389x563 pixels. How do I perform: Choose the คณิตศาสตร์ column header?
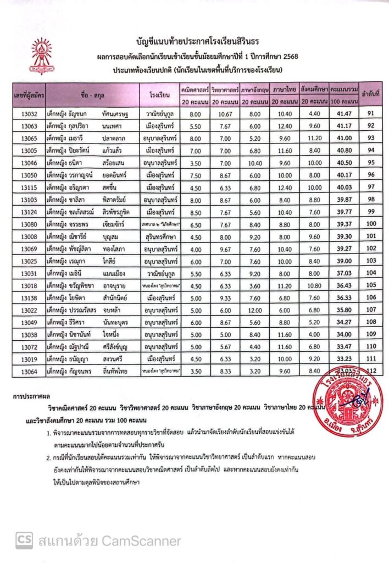(x=194, y=89)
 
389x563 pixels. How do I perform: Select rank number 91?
(x=370, y=114)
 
